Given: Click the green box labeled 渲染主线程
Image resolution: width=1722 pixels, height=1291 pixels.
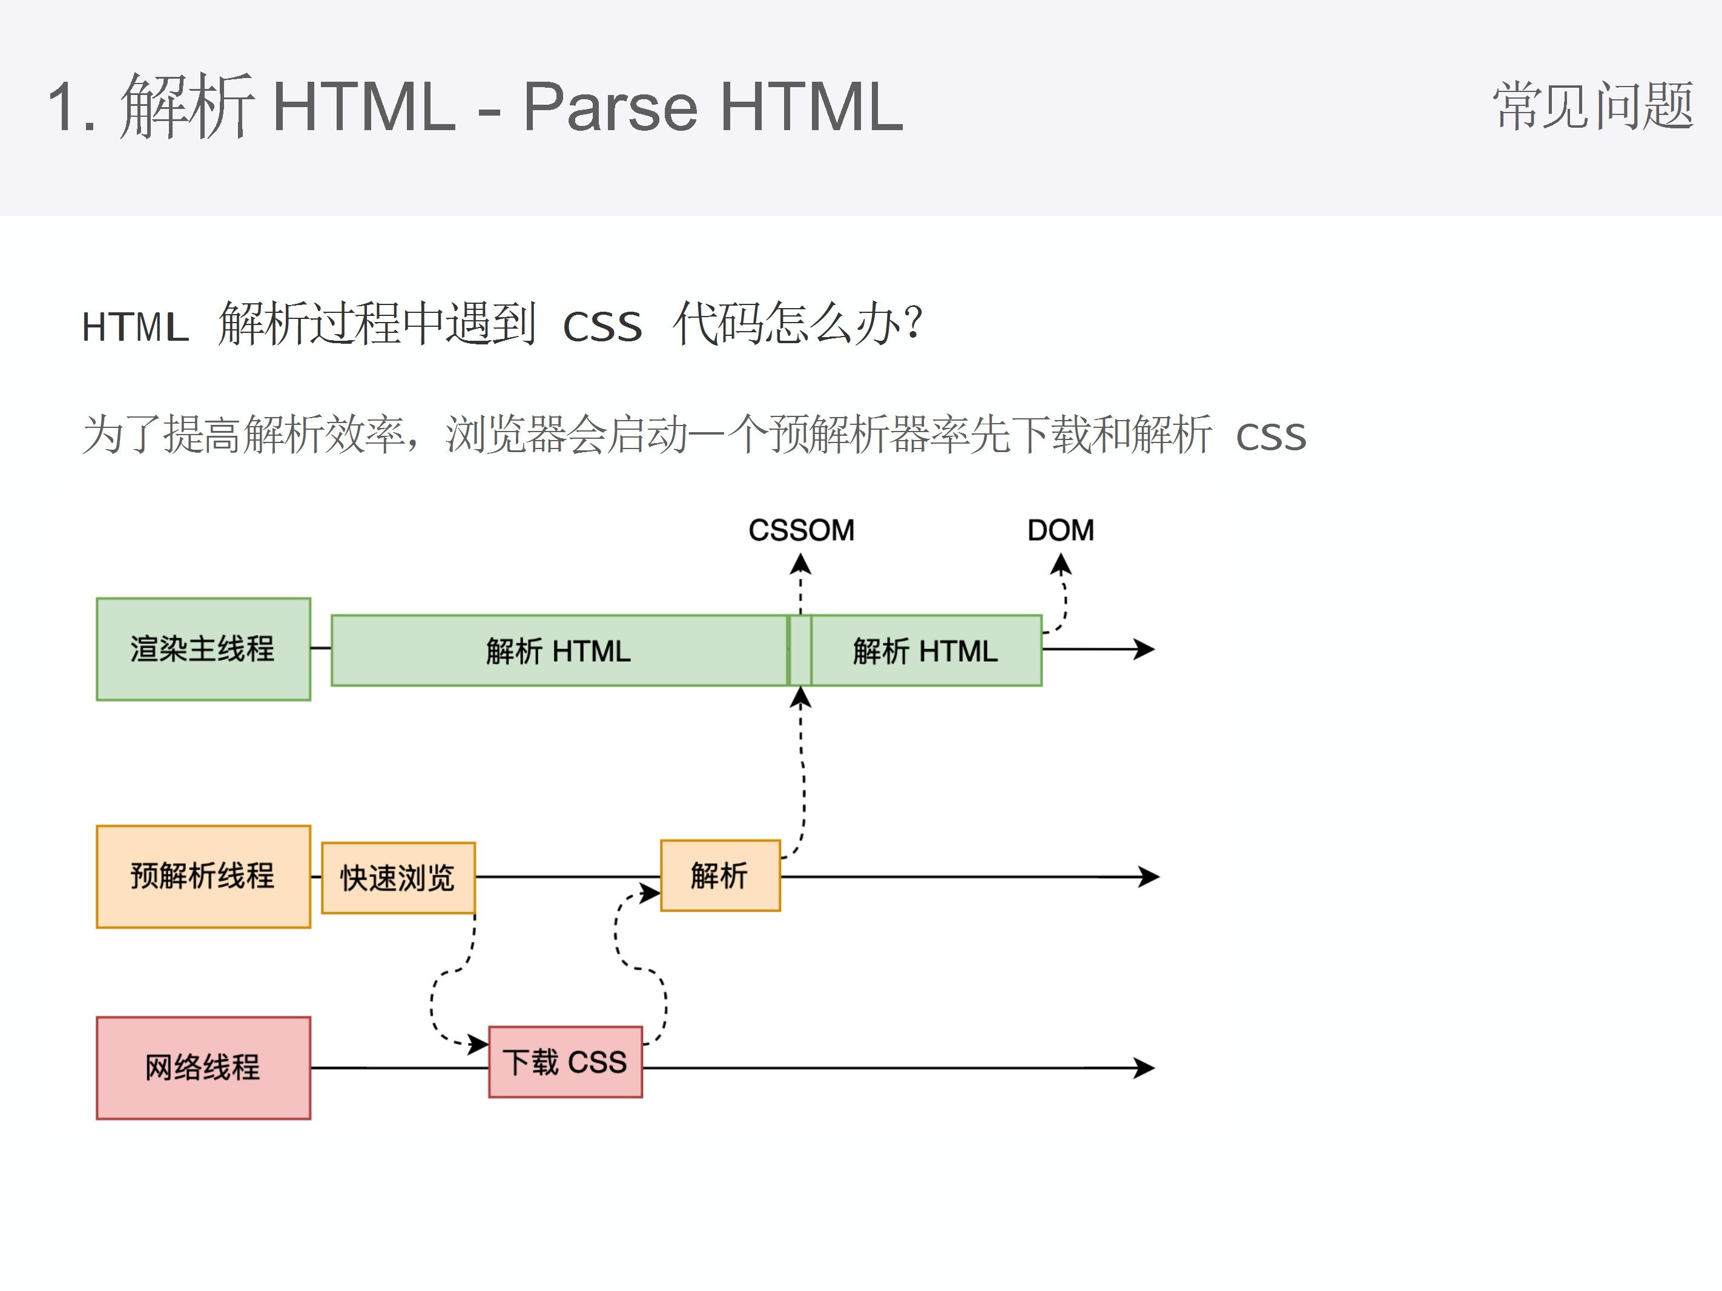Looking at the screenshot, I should [203, 649].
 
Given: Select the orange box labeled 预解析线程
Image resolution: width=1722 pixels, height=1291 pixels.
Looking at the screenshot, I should [203, 876].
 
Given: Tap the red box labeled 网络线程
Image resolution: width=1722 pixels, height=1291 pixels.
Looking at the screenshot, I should [203, 1068].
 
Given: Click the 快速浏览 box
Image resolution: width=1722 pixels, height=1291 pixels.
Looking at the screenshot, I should [398, 878].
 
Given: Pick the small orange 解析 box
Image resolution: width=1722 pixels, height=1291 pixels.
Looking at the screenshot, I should [719, 875].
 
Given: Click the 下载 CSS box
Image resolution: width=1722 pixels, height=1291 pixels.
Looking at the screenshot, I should [565, 1062].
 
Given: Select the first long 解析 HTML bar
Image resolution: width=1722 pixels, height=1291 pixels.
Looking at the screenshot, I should [558, 651].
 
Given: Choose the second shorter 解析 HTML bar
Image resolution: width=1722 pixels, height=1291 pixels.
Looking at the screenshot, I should [926, 651].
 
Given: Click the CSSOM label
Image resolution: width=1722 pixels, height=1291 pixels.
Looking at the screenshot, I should [801, 531].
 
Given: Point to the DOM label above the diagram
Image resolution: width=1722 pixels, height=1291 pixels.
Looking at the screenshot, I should [1060, 531].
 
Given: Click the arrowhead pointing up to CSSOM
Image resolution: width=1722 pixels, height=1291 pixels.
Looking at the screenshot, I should [801, 563].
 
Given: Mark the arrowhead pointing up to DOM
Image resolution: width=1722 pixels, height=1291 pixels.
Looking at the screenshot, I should [1060, 563].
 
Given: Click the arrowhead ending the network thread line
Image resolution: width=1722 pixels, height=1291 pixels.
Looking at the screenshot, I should [1144, 1068].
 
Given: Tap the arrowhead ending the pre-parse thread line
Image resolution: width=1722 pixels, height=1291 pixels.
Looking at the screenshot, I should [1150, 876].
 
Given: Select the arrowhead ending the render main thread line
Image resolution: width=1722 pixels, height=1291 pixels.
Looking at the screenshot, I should [1144, 649].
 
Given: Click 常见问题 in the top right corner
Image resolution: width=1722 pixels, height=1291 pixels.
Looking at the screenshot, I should [1593, 106].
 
